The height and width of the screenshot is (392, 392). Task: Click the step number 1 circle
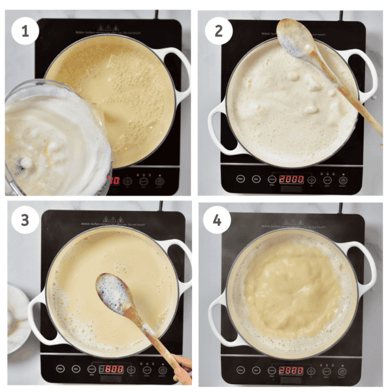tap(24, 31)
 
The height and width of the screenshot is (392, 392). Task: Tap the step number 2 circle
tap(218, 31)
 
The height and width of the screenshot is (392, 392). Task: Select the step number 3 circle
tap(24, 220)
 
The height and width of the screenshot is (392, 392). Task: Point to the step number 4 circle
tap(218, 220)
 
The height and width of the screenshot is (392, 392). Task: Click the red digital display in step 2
tap(291, 179)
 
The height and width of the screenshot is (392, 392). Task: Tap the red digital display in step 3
tap(114, 369)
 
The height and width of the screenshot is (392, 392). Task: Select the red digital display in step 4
tap(291, 370)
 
